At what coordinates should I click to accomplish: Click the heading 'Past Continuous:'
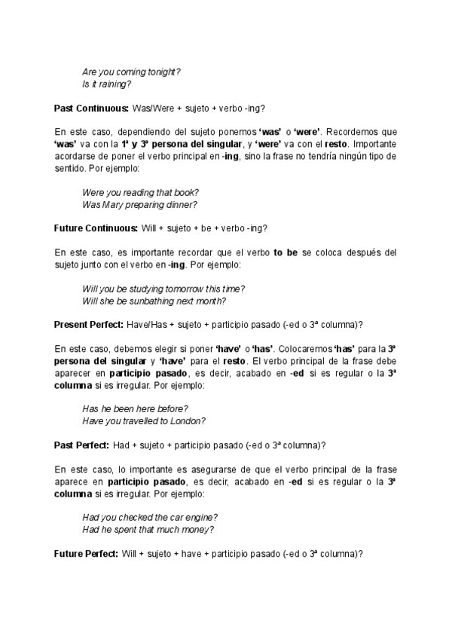click(x=91, y=108)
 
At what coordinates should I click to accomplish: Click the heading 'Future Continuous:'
click(x=95, y=228)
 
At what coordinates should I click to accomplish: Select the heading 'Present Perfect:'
click(x=90, y=325)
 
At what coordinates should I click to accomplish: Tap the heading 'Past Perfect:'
click(x=82, y=445)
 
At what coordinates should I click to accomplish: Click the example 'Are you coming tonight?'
click(x=131, y=72)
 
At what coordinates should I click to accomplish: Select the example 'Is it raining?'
click(x=107, y=84)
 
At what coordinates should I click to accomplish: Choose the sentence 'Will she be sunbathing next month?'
click(x=154, y=301)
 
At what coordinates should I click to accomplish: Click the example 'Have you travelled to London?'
click(x=144, y=420)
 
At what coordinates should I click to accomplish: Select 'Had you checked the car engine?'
click(x=150, y=517)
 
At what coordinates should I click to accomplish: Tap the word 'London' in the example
click(x=189, y=420)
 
